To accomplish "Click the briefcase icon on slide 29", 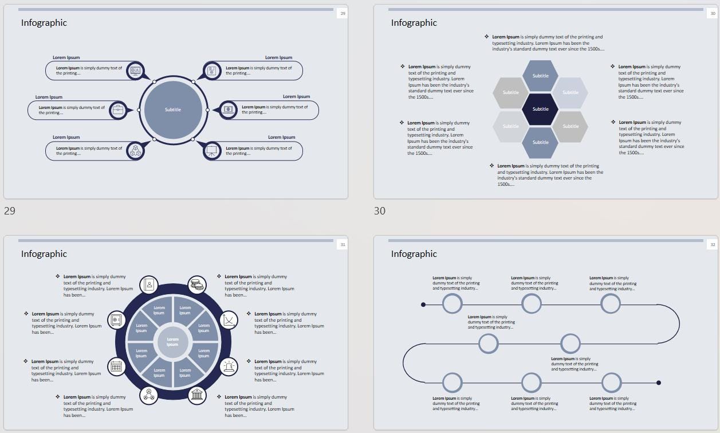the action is pyautogui.click(x=118, y=110).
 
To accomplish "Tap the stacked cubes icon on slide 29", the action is pyautogui.click(x=135, y=150).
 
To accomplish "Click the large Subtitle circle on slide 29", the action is pyautogui.click(x=173, y=110).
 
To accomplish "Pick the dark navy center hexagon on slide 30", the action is pyautogui.click(x=540, y=109).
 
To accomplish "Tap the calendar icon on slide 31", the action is pyautogui.click(x=117, y=366).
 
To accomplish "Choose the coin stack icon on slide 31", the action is pyautogui.click(x=198, y=284).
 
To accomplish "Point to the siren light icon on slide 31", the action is pyautogui.click(x=229, y=366).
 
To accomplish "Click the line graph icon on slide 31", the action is pyautogui.click(x=229, y=319).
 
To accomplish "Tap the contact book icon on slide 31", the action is pyautogui.click(x=149, y=284).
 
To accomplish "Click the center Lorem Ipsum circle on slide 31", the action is pyautogui.click(x=172, y=342).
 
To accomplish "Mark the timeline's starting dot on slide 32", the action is pyautogui.click(x=423, y=305).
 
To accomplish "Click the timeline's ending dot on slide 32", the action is pyautogui.click(x=659, y=383).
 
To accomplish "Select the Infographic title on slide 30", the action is pyautogui.click(x=414, y=23).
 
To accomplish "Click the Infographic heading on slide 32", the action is pyautogui.click(x=414, y=254).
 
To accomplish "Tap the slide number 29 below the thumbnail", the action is pyautogui.click(x=10, y=211).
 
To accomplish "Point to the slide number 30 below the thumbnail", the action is pyautogui.click(x=380, y=211).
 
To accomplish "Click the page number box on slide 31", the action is pyautogui.click(x=343, y=245).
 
